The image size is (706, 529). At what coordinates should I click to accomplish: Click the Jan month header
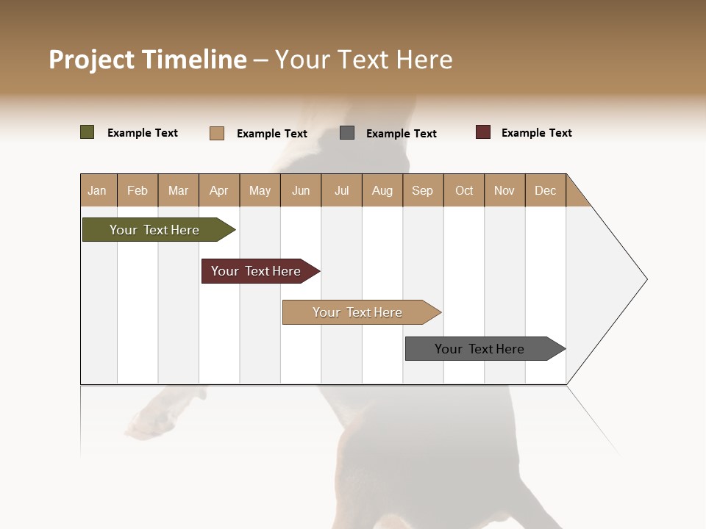pyautogui.click(x=98, y=190)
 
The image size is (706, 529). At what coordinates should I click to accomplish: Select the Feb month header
pyautogui.click(x=138, y=190)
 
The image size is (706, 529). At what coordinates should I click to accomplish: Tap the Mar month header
pyautogui.click(x=178, y=190)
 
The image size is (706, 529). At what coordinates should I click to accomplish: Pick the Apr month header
pyautogui.click(x=219, y=190)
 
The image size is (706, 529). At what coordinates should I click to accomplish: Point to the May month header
pyautogui.click(x=260, y=190)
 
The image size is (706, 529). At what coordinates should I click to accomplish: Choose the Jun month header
pyautogui.click(x=301, y=190)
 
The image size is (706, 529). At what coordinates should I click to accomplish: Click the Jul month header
pyautogui.click(x=341, y=190)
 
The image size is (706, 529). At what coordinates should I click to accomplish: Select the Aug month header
pyautogui.click(x=382, y=190)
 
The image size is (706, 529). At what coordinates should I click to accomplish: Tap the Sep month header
pyautogui.click(x=423, y=190)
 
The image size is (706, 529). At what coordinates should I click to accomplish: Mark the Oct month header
pyautogui.click(x=464, y=190)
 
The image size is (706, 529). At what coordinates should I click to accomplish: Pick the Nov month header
pyautogui.click(x=504, y=190)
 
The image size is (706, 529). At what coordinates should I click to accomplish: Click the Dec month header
pyautogui.click(x=546, y=190)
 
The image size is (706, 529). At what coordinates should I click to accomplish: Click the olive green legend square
pyautogui.click(x=88, y=132)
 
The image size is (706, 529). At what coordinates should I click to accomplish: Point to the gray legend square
pyautogui.click(x=347, y=133)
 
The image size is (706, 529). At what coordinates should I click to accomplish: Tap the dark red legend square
pyautogui.click(x=483, y=132)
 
